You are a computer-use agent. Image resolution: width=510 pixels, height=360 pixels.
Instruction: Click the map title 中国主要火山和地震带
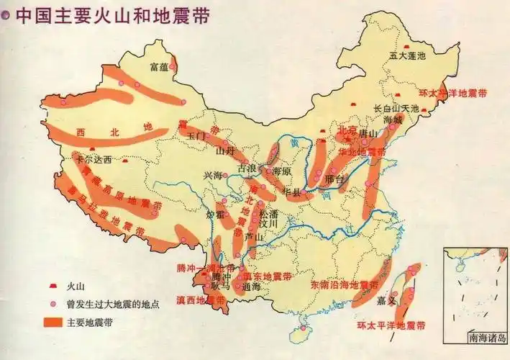point(112,16)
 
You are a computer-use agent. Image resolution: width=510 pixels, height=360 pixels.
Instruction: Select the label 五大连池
point(407,55)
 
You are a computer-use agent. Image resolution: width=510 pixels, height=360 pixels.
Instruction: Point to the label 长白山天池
point(396,107)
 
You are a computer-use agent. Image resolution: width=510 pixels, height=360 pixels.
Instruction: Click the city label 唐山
point(369,134)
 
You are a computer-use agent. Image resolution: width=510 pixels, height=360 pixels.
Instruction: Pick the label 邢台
point(335,177)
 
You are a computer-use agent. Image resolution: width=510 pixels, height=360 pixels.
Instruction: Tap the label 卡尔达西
point(94,159)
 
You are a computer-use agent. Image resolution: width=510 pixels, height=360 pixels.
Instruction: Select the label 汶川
point(269,225)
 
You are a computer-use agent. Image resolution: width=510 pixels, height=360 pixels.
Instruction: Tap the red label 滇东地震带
point(268,276)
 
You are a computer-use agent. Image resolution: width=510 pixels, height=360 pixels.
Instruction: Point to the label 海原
point(280,171)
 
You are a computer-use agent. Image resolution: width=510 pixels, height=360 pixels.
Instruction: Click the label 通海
point(251,287)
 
